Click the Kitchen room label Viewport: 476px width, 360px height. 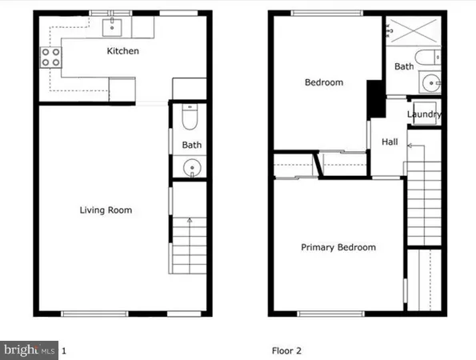pyautogui.click(x=124, y=51)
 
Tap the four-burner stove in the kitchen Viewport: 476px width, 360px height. pyautogui.click(x=50, y=58)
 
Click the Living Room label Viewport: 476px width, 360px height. pyautogui.click(x=106, y=210)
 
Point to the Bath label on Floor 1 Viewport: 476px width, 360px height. pyautogui.click(x=191, y=146)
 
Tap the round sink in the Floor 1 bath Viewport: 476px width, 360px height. pyautogui.click(x=191, y=168)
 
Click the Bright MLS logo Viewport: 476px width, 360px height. pyautogui.click(x=30, y=350)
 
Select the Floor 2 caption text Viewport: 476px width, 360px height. pyautogui.click(x=285, y=350)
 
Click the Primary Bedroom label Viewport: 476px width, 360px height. pyautogui.click(x=338, y=247)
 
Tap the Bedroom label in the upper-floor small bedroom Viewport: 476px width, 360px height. pyautogui.click(x=324, y=82)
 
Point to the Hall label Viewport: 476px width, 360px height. pyautogui.click(x=390, y=142)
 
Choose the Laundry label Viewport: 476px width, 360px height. pyautogui.click(x=424, y=114)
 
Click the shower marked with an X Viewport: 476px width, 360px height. pyautogui.click(x=414, y=31)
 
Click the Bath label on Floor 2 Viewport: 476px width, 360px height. pyautogui.click(x=404, y=66)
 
